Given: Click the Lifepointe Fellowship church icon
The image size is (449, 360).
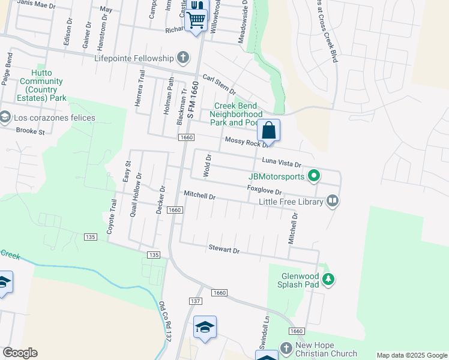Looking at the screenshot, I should click(183, 58).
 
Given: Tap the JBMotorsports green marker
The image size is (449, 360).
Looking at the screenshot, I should click(313, 176).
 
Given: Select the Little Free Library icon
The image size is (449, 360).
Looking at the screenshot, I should click(332, 202).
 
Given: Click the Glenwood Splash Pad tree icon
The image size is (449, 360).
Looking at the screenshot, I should click(328, 279).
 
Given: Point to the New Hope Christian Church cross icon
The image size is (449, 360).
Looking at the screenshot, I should click(286, 349).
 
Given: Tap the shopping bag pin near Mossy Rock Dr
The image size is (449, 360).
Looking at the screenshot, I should click(269, 130).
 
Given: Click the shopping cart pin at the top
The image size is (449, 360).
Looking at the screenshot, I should click(196, 19).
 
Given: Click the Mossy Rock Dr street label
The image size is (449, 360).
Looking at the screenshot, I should click(246, 143).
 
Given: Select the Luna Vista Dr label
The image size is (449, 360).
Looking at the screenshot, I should click(282, 162).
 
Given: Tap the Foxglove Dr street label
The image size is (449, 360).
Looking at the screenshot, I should click(265, 190).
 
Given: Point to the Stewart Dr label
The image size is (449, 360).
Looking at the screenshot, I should click(224, 248).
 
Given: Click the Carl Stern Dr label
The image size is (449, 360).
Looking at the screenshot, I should click(219, 83).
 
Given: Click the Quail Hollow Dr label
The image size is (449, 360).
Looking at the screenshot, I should click(139, 194).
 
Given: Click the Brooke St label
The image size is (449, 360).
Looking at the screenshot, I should click(31, 130).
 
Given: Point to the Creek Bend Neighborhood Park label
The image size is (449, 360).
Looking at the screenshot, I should click(239, 113).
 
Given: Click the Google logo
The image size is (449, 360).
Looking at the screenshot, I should click(20, 353).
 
